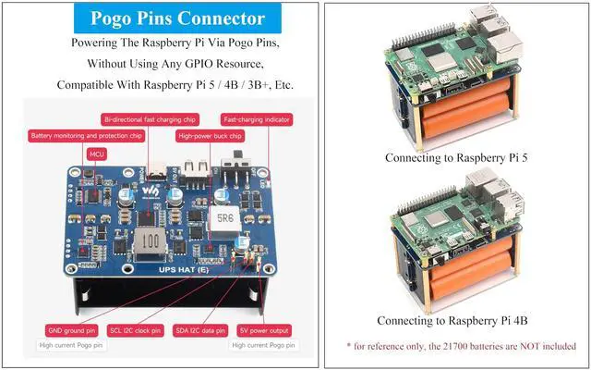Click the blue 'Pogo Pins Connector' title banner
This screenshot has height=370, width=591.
click(158, 18)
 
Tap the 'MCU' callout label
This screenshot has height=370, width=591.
click(96, 154)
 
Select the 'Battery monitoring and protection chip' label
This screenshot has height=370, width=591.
click(86, 135)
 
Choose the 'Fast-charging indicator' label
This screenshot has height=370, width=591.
click(257, 119)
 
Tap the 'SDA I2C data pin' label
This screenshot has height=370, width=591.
click(200, 329)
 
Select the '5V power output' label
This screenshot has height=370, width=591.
click(264, 329)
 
